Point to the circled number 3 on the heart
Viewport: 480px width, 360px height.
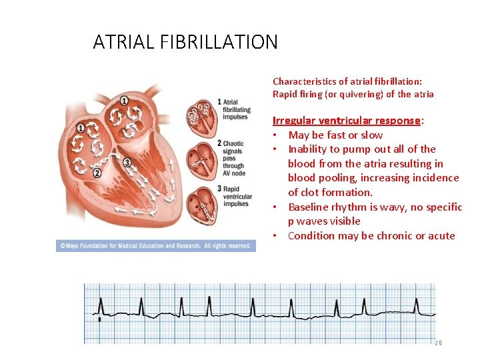pos(127,162)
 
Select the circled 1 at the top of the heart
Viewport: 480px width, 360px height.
pos(124,101)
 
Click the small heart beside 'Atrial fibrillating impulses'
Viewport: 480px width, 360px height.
pos(199,115)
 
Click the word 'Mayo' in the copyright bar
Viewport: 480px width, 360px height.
pos(76,245)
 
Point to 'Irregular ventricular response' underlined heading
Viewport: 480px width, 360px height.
pos(347,121)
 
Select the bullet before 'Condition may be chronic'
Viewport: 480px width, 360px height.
pos(275,236)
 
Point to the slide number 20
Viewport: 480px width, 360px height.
pos(438,343)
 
